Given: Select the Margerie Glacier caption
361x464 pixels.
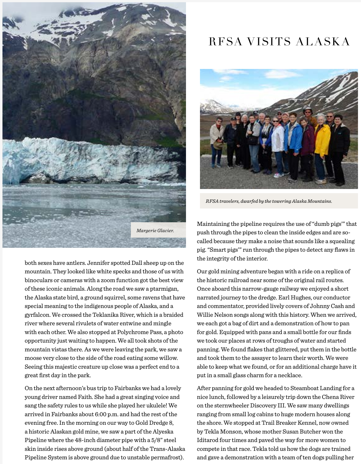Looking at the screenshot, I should [x=155, y=230].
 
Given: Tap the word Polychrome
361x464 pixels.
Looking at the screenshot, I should [x=133, y=332].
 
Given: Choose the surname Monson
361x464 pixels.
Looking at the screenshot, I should [x=230, y=432].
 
